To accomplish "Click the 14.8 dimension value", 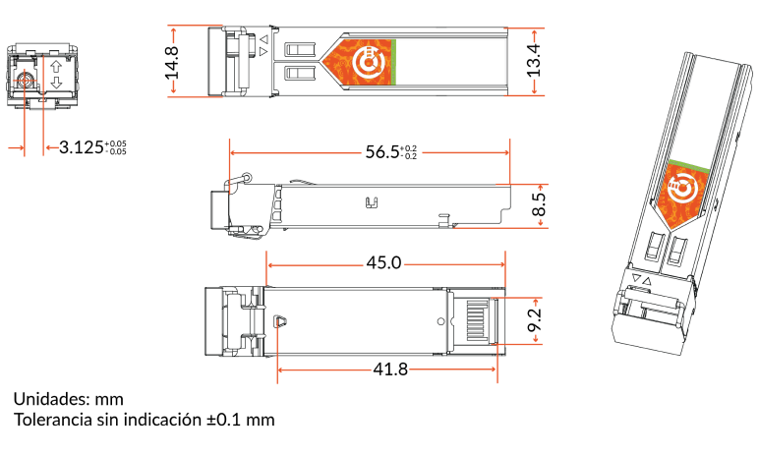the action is tap(172, 62).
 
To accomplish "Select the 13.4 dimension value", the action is tap(534, 61).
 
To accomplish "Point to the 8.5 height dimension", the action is tap(538, 204).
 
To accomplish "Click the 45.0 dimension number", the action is tap(383, 262).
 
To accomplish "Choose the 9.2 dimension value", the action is tap(535, 320).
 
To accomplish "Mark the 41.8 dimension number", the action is tap(390, 370).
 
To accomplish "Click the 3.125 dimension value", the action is tap(82, 147).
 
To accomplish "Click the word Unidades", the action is tap(51, 399).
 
